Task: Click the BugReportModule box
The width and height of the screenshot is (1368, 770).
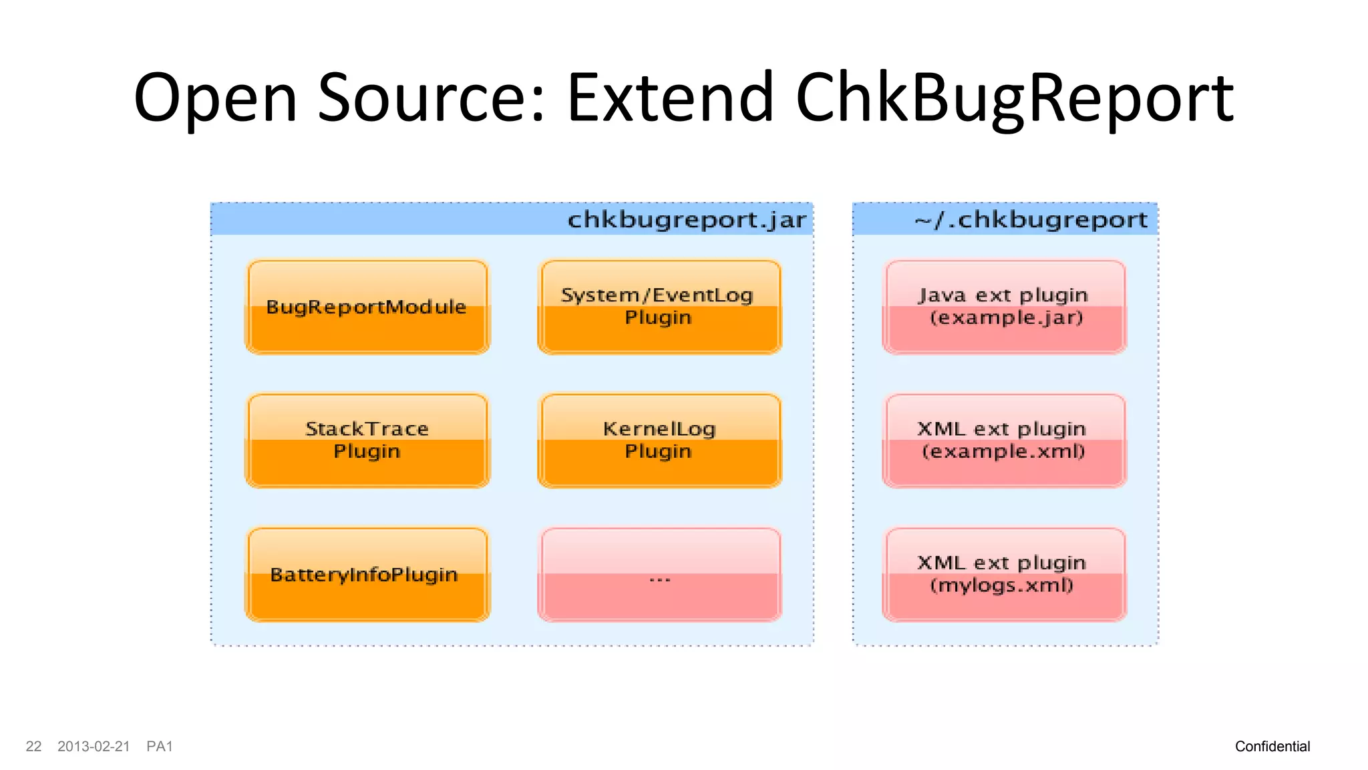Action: click(367, 307)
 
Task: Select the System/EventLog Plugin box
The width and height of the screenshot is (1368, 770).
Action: click(659, 307)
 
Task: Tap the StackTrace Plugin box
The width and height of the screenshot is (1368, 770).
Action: click(367, 440)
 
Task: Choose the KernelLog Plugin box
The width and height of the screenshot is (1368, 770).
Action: click(659, 440)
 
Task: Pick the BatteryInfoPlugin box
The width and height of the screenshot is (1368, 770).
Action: click(367, 574)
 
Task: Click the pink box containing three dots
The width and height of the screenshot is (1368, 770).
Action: click(659, 574)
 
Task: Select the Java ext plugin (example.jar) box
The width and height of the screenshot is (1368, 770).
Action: click(1004, 307)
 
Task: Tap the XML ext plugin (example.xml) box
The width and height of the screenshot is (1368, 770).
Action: click(1004, 440)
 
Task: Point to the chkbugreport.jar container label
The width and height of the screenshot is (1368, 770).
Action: click(686, 220)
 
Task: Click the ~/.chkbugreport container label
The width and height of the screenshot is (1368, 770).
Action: click(1031, 220)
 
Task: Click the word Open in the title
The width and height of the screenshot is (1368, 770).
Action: click(215, 99)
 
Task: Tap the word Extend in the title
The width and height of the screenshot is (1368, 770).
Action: click(670, 99)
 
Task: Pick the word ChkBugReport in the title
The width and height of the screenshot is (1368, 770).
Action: click(1014, 99)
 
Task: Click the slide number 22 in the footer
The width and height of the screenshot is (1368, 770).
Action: click(33, 747)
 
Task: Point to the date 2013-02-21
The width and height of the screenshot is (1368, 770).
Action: click(94, 747)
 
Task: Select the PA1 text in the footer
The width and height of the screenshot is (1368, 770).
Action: click(160, 747)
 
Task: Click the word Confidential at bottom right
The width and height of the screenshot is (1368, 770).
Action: click(1272, 747)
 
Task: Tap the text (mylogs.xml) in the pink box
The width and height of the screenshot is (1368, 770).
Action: click(1002, 586)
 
